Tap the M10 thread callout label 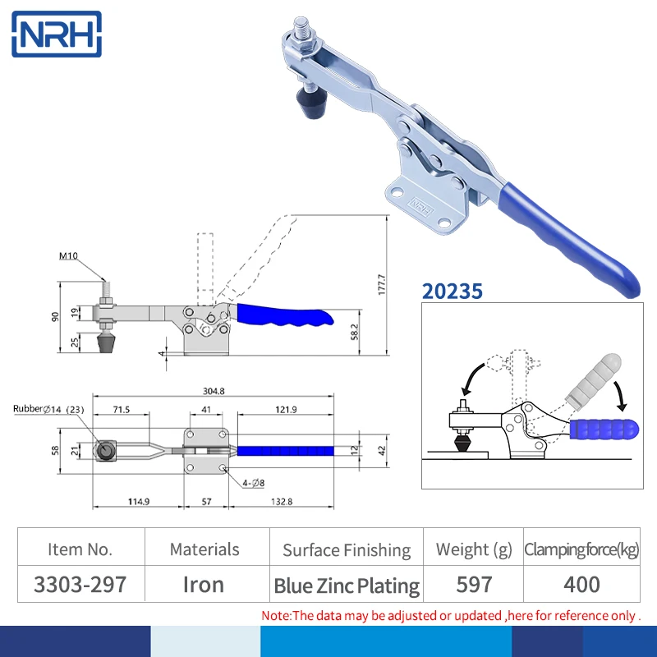pos(69,255)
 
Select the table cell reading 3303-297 pos(80,584)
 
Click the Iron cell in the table pos(204,584)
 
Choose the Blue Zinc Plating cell pos(346,586)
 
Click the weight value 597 pos(474,584)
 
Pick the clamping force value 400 pos(581,584)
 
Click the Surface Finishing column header pos(346,549)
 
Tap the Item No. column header pos(80,549)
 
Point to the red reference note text pos(451,615)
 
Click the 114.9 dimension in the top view pos(136,501)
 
